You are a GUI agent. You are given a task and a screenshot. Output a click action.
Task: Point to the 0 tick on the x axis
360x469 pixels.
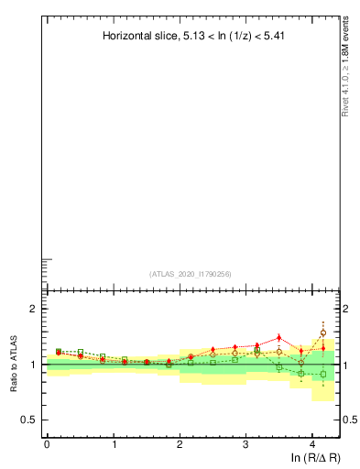tap(47, 443)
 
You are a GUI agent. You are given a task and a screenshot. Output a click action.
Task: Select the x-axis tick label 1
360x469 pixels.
tap(114, 443)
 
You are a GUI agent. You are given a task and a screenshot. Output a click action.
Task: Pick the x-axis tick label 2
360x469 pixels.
tap(180, 443)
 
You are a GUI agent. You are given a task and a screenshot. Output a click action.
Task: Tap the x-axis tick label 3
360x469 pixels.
tap(246, 443)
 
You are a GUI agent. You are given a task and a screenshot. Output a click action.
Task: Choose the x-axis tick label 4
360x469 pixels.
tap(312, 443)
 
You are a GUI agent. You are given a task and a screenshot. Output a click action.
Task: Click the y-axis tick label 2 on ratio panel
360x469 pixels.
tap(33, 309)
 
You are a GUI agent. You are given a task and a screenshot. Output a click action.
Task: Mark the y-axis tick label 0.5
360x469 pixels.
tap(29, 420)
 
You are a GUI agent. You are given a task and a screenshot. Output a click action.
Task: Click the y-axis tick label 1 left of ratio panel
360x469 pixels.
tap(33, 365)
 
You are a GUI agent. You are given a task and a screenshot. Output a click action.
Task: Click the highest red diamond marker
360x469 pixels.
tap(279, 338)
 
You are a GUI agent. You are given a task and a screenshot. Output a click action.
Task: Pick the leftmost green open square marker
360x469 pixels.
tap(59, 351)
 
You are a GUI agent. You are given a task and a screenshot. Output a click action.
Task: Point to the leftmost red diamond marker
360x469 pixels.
tap(59, 353)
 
